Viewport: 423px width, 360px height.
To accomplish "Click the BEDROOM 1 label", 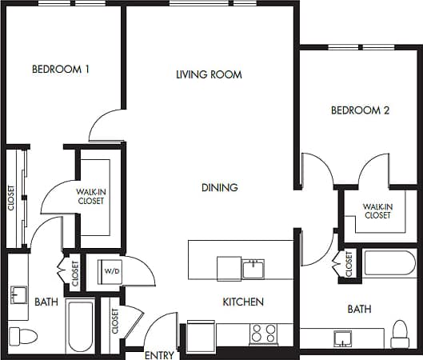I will coord(60,70).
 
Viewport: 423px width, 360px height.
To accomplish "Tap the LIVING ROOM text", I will coord(209,74).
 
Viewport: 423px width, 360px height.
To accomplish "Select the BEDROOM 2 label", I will coord(360,111).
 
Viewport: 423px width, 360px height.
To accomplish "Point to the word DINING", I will coord(219,188).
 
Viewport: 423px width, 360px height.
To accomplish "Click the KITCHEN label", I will coord(243,302).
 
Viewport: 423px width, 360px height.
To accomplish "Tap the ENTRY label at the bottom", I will coord(159,354).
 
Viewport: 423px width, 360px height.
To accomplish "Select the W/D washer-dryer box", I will coord(109,273).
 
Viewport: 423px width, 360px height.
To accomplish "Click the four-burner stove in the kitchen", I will coord(264,332).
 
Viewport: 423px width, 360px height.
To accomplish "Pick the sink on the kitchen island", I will coord(253,268).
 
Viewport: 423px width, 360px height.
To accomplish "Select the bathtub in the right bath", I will coord(389,264).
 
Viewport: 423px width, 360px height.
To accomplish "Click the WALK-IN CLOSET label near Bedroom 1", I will coord(90,196).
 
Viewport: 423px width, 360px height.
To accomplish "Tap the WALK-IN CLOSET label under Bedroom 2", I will coord(377,210).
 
